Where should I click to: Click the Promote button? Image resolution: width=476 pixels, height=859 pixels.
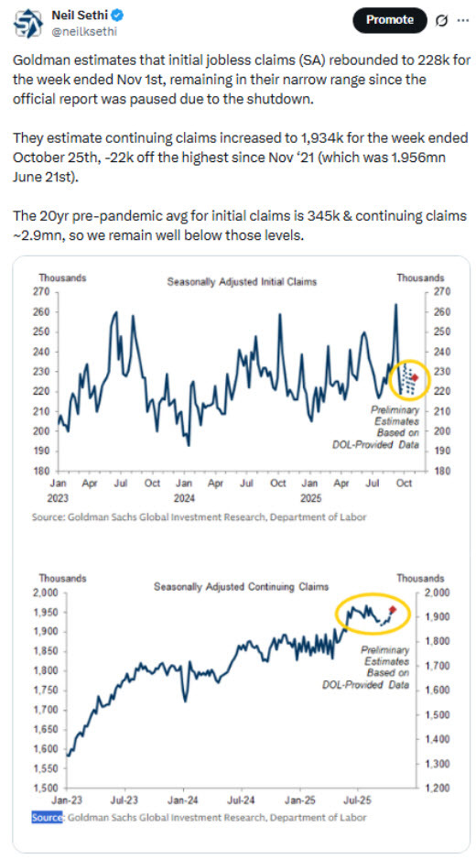(x=390, y=19)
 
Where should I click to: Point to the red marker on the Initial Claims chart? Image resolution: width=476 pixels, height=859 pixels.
(x=415, y=376)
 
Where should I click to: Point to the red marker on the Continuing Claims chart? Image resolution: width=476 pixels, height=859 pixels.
(x=393, y=609)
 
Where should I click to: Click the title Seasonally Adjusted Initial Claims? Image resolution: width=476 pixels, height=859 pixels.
(x=242, y=281)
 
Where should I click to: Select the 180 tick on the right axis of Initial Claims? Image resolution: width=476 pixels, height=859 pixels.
(x=434, y=471)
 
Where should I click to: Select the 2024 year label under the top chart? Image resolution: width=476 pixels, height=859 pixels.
(x=183, y=499)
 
